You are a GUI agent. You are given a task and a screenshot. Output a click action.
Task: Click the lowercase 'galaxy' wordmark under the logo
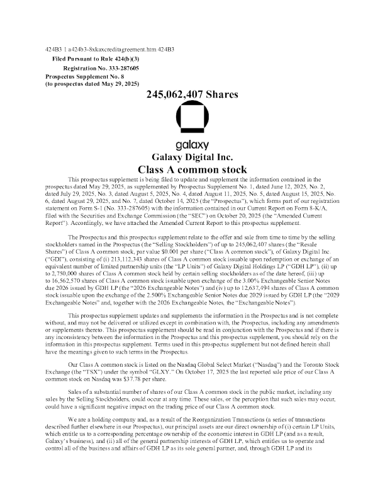tap(192, 145)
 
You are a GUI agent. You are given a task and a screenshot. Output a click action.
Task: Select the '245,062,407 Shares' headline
tap(192, 95)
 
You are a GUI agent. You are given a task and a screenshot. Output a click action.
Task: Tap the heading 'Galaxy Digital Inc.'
tap(192, 158)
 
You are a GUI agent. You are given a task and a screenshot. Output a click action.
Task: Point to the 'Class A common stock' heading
tap(192, 169)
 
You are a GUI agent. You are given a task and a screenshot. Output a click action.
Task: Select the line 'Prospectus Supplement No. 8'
tap(85, 77)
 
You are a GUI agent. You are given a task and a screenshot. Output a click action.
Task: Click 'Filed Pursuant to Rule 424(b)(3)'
tap(96, 59)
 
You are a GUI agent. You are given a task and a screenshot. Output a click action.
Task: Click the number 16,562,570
tap(66, 281)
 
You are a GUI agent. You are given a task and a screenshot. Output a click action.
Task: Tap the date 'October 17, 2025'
tap(206, 372)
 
